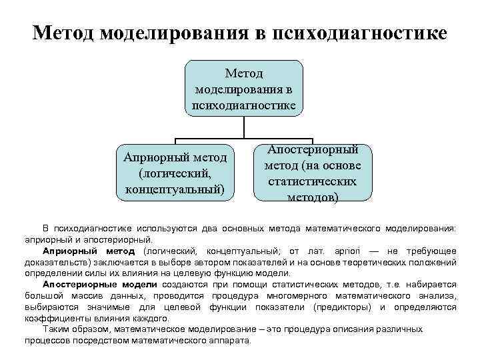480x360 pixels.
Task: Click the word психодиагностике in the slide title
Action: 359,33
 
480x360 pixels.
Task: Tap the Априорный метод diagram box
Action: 175,173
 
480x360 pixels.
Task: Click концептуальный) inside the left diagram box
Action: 175,189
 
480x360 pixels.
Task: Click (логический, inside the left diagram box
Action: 175,173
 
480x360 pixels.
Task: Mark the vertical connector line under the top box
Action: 244,127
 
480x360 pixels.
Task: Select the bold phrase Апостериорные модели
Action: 91,285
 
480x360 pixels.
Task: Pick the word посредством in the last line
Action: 100,340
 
